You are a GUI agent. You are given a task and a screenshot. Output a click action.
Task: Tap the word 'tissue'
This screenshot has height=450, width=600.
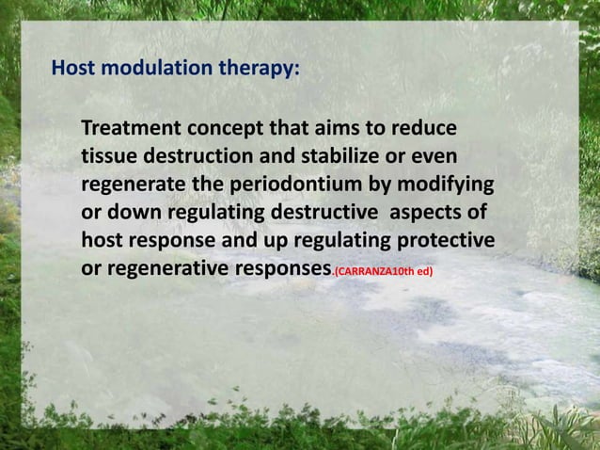click(x=110, y=156)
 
